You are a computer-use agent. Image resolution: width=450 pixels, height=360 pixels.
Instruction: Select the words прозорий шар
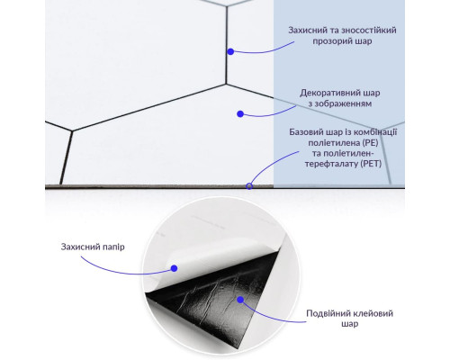342,41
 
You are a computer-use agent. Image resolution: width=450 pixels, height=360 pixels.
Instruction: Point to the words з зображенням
340,103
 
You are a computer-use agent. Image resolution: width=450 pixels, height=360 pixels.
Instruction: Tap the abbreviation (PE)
370,142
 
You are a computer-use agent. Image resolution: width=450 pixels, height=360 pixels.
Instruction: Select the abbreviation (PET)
371,164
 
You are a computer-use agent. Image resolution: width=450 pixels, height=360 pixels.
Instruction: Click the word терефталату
332,164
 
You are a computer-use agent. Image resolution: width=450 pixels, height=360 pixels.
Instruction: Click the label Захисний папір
93,247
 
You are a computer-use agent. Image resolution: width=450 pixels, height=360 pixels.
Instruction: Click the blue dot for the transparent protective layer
230,51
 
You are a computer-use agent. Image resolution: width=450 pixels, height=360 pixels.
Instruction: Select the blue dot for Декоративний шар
240,114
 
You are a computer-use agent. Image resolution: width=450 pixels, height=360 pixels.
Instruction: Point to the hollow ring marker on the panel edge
249,186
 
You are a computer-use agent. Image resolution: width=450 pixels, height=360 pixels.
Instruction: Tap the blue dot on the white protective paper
174,268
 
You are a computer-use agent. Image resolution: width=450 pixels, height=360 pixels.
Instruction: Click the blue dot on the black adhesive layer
240,300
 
